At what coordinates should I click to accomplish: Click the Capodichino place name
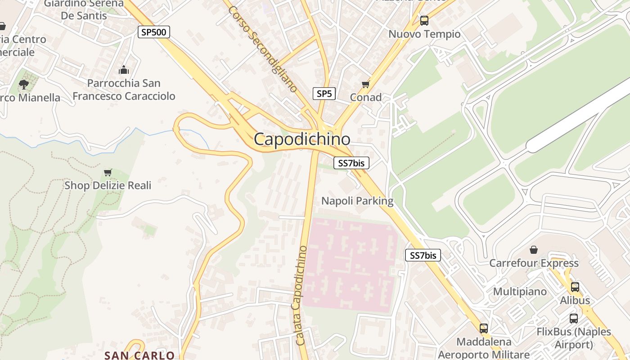click(302, 139)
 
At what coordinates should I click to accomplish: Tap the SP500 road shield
click(154, 32)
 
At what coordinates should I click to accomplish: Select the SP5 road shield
click(324, 94)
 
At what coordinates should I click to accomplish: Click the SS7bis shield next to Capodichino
click(351, 163)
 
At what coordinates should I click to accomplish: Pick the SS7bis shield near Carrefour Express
click(423, 256)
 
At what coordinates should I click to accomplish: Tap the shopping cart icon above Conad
click(365, 84)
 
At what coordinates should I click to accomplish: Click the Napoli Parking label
click(357, 201)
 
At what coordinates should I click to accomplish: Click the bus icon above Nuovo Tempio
click(424, 20)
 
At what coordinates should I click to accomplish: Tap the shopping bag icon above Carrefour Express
click(534, 249)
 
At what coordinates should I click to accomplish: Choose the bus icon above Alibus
click(575, 287)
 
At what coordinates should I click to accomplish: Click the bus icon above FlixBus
click(574, 319)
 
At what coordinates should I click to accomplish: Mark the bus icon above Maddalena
click(484, 328)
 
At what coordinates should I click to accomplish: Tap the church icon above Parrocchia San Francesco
click(124, 70)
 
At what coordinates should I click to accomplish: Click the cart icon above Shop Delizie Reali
click(108, 172)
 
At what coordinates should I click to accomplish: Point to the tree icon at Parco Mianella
click(23, 84)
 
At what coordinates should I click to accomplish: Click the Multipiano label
click(520, 292)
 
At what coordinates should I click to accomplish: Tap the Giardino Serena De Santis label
click(84, 9)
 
